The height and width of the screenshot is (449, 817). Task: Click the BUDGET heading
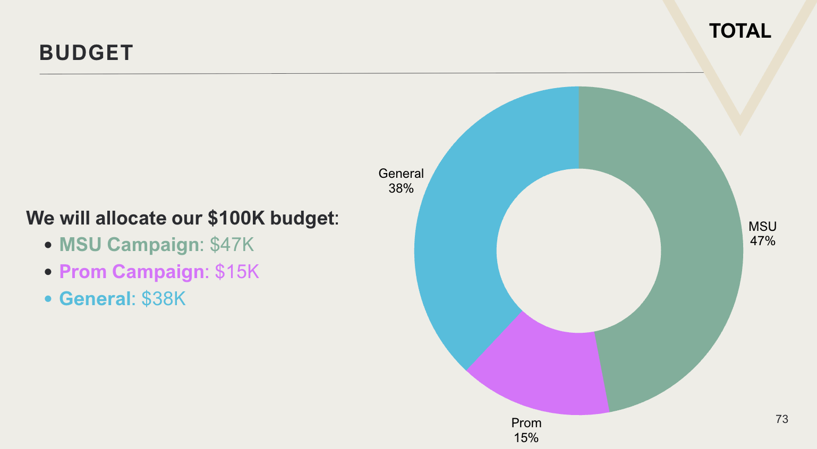click(x=86, y=53)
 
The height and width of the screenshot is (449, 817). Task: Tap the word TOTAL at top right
click(x=740, y=31)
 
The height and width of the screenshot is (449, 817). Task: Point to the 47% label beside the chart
click(x=763, y=241)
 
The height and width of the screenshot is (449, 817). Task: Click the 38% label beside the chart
click(x=401, y=188)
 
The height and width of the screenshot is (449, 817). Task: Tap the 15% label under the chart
click(x=526, y=438)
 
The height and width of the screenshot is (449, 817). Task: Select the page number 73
click(x=782, y=419)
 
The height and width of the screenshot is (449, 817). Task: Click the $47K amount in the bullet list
click(x=232, y=244)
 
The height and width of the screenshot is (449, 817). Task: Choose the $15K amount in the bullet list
click(x=237, y=272)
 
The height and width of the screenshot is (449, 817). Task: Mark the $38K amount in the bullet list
click(x=164, y=299)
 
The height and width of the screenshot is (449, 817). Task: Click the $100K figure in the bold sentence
click(x=236, y=218)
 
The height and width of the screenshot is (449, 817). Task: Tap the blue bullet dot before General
click(x=48, y=299)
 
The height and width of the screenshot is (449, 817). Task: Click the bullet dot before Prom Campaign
click(x=48, y=272)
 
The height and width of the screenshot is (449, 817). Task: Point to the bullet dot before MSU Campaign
click(x=48, y=245)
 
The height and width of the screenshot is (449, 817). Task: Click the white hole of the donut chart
click(x=579, y=251)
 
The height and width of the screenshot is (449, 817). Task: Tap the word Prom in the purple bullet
click(x=83, y=272)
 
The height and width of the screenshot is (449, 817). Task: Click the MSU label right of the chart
click(x=763, y=227)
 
